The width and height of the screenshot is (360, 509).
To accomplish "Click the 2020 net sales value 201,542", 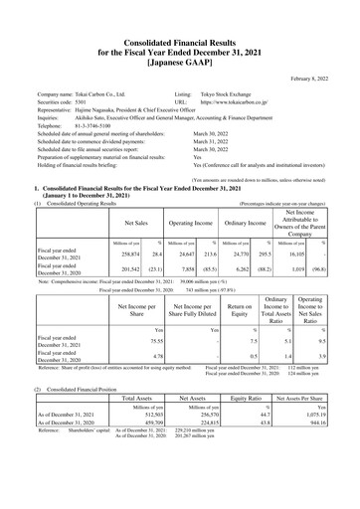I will (125, 268).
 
